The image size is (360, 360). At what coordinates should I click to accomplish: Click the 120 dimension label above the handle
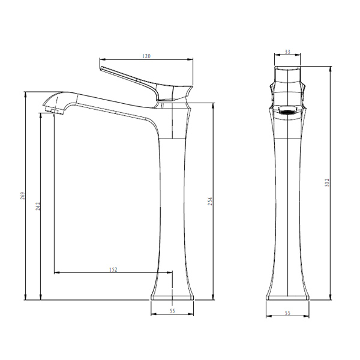[146, 56]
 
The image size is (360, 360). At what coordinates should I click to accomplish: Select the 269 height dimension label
[23, 196]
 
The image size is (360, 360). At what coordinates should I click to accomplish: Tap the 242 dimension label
[38, 206]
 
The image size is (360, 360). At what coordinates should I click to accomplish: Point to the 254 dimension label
[211, 201]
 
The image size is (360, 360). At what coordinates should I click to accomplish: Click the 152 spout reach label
[113, 269]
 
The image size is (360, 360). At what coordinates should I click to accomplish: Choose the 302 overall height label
[327, 182]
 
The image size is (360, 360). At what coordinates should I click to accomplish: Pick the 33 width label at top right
[287, 52]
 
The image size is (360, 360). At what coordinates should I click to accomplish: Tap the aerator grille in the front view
[287, 112]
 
